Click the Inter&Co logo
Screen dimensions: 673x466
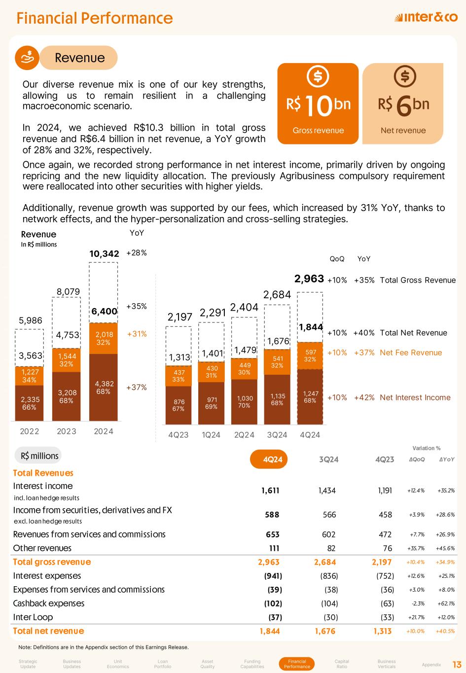[426, 18]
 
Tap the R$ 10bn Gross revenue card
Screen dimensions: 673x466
[318, 104]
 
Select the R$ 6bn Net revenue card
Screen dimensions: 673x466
[403, 104]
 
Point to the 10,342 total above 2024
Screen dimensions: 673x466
[104, 253]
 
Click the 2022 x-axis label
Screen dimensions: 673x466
[30, 431]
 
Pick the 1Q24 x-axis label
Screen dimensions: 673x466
[211, 435]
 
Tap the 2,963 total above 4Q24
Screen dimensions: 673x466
[309, 279]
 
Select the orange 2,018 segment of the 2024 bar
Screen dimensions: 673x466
[104, 338]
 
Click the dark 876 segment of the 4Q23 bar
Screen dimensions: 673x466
[178, 404]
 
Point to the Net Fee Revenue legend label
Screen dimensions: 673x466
[411, 353]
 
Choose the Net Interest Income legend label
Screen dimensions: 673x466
[415, 397]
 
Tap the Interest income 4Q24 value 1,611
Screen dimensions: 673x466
[270, 491]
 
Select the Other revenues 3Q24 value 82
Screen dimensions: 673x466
[331, 548]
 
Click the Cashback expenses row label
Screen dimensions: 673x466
[49, 603]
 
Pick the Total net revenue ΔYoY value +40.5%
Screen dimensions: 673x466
[445, 631]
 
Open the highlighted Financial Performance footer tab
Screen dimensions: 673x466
[297, 664]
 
